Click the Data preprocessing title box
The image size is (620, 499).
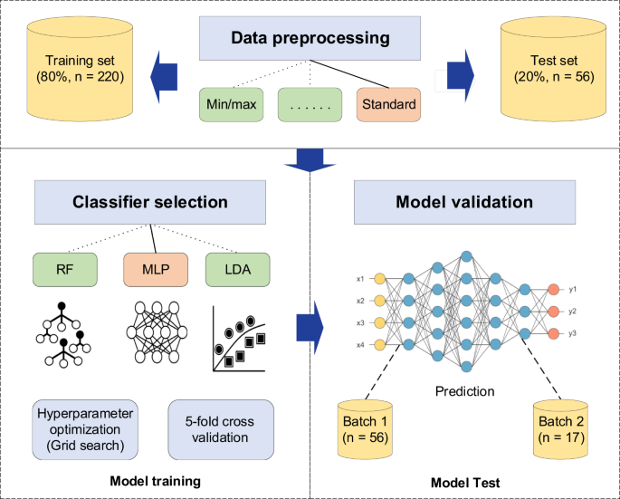310,39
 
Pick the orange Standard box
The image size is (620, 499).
388,104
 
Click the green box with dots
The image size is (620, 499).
310,104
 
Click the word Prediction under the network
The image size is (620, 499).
465,392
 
